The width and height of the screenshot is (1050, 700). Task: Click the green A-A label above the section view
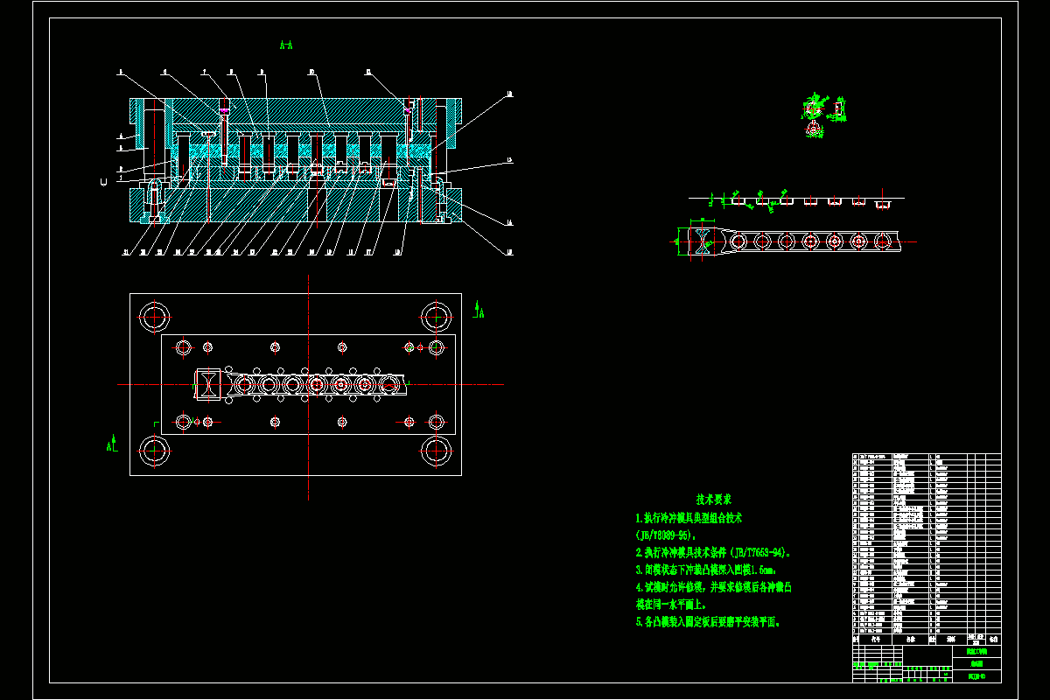coord(286,44)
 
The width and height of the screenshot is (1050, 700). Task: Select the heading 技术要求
coord(714,500)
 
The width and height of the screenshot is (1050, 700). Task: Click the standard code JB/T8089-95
coord(664,535)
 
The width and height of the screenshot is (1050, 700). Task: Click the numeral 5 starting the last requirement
coord(639,622)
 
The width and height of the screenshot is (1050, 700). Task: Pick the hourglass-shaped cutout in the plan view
coord(208,384)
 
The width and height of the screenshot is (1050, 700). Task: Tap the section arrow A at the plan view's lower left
coord(111,444)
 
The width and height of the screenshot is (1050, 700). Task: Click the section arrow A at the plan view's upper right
coord(479,310)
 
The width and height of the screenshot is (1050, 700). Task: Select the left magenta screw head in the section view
coord(225,110)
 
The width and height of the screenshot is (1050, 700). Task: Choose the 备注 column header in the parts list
coord(991,640)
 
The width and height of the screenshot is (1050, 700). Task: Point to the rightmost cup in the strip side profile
coord(883,205)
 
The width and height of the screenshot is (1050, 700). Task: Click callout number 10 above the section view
coord(311,73)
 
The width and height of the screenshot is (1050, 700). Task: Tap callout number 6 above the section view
coord(165,73)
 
